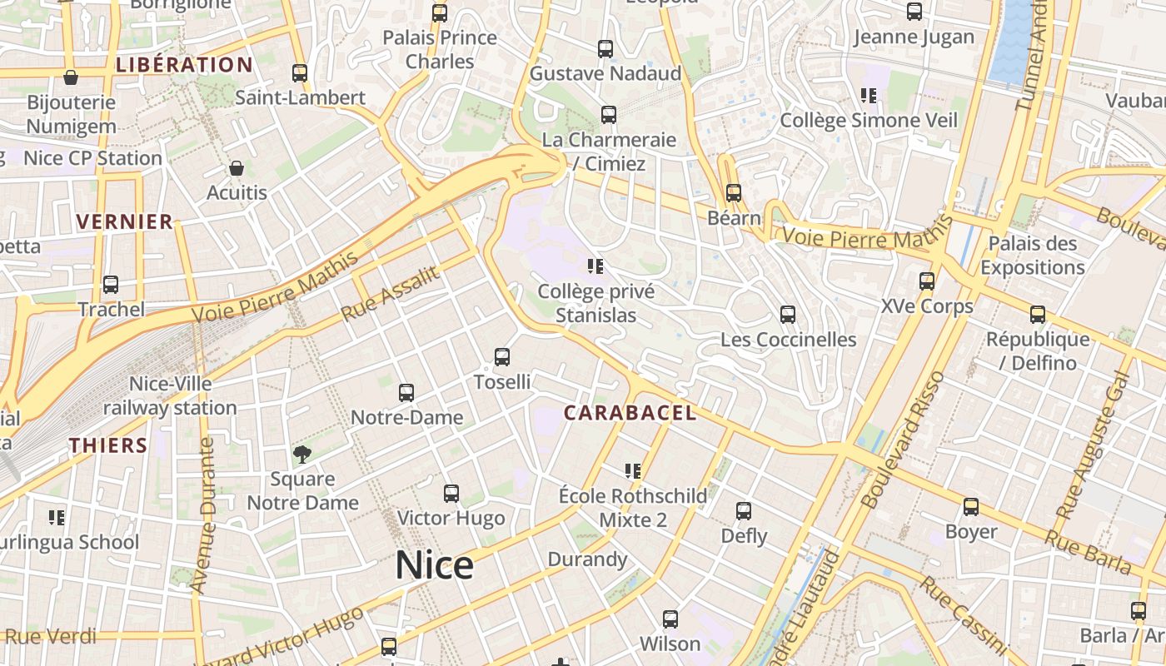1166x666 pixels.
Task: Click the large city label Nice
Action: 434,565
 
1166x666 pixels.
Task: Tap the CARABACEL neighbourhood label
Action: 630,413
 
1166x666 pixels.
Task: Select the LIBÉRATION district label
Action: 184,65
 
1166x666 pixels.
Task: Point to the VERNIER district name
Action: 125,221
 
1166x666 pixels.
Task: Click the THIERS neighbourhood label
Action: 108,445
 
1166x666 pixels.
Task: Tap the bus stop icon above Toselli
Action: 501,357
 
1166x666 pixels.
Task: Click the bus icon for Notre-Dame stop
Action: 406,392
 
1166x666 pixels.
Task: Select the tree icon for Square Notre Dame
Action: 302,454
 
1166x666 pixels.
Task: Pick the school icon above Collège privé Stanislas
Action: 595,266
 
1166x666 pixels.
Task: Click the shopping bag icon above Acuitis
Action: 237,168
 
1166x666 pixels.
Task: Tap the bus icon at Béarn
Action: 733,193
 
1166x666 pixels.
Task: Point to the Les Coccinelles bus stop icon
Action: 787,315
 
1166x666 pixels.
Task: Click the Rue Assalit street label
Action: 390,295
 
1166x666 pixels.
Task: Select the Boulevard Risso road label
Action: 903,440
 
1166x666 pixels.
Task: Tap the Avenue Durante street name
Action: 202,516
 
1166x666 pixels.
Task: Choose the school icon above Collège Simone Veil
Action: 869,96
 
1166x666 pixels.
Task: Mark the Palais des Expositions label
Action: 1032,256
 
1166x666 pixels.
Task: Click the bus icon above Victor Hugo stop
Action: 451,494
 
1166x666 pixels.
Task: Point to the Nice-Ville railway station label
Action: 170,396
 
